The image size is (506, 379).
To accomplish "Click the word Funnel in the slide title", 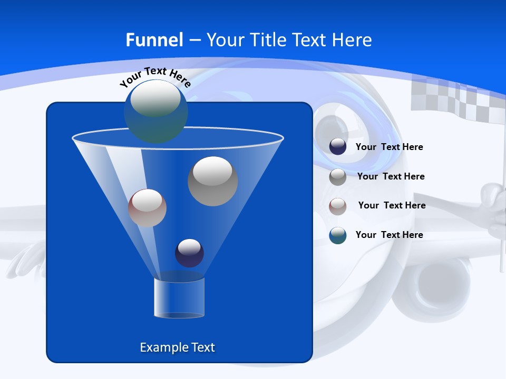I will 154,40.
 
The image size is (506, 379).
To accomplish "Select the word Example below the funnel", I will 161,347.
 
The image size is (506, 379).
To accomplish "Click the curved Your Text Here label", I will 155,77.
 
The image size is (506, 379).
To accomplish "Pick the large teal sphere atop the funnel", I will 155,111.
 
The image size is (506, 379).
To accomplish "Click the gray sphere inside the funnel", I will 213,181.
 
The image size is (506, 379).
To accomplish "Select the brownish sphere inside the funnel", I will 147,208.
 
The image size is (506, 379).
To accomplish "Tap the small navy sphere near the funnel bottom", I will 189,253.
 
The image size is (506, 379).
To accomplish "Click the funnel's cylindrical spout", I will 179,298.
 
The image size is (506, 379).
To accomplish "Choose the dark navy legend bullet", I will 338,146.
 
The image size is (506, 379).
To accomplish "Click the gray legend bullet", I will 338,176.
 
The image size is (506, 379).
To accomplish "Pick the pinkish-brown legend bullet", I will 338,206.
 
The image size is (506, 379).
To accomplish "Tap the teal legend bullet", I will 338,235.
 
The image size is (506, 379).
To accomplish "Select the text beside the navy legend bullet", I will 389,147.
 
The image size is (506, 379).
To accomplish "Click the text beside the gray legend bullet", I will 391,176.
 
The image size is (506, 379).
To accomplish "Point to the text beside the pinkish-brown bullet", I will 392,205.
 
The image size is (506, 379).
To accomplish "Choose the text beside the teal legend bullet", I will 389,235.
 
